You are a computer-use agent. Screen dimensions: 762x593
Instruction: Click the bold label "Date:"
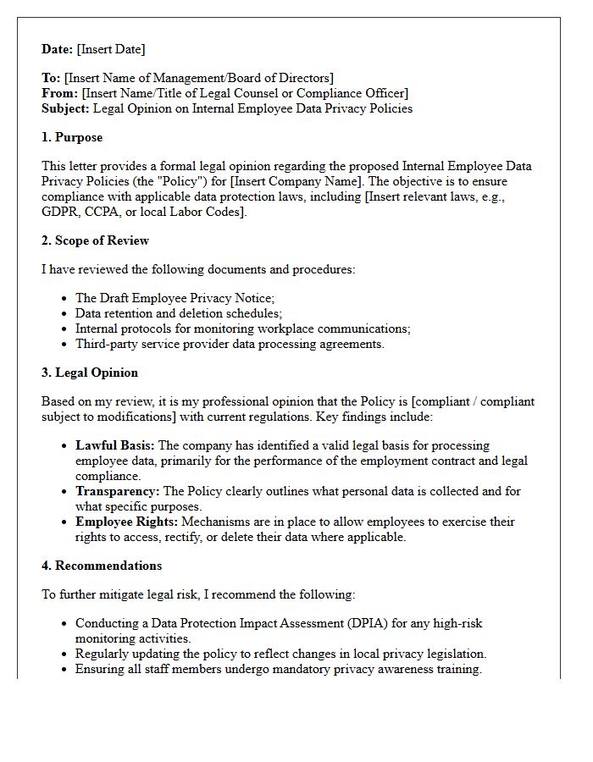pyautogui.click(x=58, y=49)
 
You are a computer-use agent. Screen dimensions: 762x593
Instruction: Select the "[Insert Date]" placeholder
pyautogui.click(x=112, y=49)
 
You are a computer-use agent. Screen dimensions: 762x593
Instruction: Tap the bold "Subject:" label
pyautogui.click(x=66, y=108)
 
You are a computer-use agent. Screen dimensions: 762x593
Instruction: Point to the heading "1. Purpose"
pyautogui.click(x=72, y=137)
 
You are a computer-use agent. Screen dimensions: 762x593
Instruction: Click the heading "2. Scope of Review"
pyautogui.click(x=95, y=240)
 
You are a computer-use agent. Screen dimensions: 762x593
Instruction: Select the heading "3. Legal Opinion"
pyautogui.click(x=90, y=373)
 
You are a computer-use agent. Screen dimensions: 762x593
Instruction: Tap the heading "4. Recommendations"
pyautogui.click(x=102, y=566)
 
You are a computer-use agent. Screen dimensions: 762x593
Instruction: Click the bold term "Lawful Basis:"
pyautogui.click(x=115, y=445)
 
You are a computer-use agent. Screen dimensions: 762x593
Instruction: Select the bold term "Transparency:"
pyautogui.click(x=117, y=491)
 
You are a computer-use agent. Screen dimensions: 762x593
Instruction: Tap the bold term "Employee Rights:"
pyautogui.click(x=126, y=522)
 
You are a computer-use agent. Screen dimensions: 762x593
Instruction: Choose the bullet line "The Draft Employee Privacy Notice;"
pyautogui.click(x=175, y=298)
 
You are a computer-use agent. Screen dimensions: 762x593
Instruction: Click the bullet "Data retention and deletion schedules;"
pyautogui.click(x=179, y=313)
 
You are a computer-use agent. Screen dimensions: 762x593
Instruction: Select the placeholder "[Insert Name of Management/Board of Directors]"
pyautogui.click(x=199, y=78)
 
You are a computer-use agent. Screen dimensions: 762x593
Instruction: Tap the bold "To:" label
pyautogui.click(x=51, y=78)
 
